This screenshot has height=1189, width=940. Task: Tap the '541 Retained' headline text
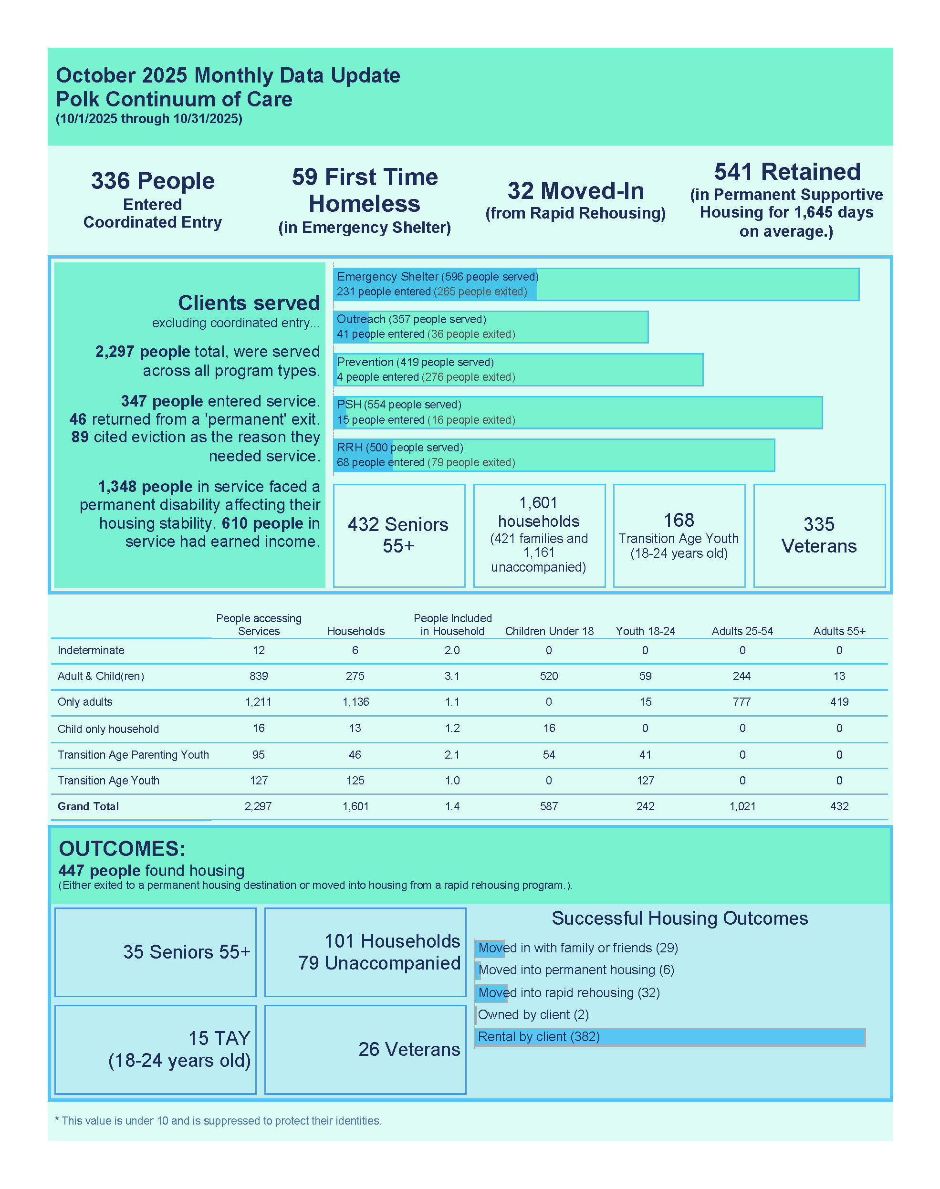coord(787,172)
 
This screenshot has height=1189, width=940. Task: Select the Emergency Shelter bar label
coord(437,277)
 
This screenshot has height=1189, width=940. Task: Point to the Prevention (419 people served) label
coord(415,362)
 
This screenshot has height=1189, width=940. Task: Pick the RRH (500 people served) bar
coord(553,455)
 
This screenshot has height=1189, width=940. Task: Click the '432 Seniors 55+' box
coord(398,535)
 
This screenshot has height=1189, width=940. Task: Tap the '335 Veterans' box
coord(819,535)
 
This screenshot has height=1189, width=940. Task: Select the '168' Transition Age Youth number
coord(679,520)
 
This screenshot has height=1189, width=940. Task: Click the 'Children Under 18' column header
coord(549,631)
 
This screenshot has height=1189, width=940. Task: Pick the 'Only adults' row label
coord(85,702)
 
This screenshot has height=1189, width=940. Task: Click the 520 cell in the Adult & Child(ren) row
coord(549,676)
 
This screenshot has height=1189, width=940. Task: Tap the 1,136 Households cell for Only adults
coord(355,702)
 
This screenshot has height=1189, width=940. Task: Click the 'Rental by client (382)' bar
coord(669,1037)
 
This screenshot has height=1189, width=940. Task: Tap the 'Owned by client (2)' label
coord(533,1014)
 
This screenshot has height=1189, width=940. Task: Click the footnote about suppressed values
coord(218,1121)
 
